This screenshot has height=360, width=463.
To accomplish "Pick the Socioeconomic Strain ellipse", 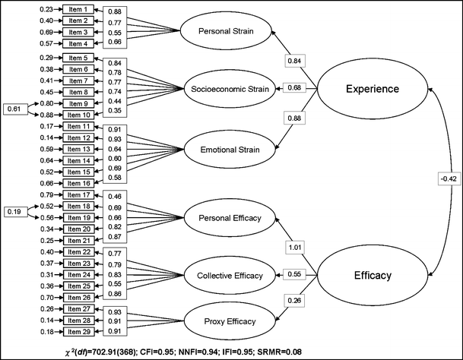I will [x=225, y=89].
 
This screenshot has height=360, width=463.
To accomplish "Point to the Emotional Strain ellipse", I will [x=225, y=150].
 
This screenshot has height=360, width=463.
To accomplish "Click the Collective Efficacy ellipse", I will [x=225, y=274].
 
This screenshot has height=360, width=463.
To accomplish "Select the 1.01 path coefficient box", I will [x=295, y=248].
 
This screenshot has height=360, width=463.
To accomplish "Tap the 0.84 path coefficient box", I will [x=295, y=60].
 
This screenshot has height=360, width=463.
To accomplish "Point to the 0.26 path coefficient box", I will [x=295, y=300].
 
